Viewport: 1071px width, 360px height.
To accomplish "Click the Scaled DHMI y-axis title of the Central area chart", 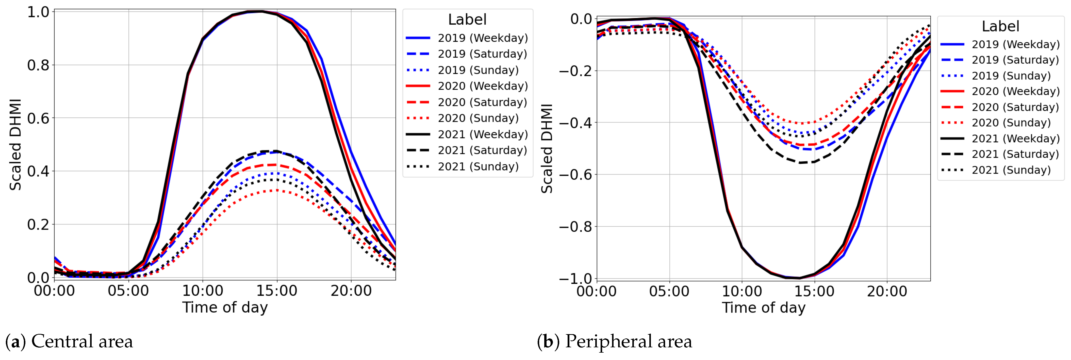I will coord(15,144).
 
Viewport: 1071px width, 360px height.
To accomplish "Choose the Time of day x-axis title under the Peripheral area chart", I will coord(763,308).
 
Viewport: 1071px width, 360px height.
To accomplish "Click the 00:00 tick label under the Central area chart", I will coord(55,290).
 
